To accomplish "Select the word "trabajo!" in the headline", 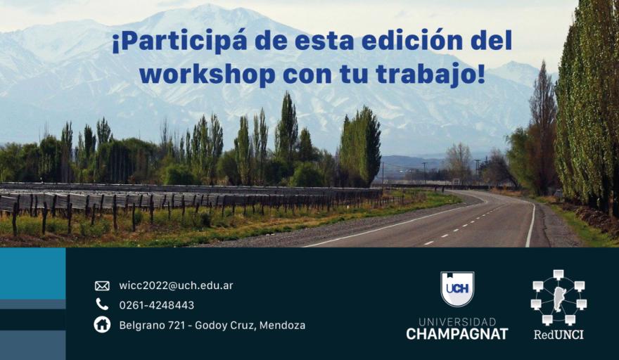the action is [x=430, y=75].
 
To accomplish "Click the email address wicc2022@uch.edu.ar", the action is [x=176, y=285].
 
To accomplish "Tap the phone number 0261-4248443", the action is [x=157, y=305].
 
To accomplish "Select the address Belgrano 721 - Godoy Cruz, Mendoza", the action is [x=212, y=326].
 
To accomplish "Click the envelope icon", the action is [x=102, y=285].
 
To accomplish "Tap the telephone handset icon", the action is [x=102, y=304].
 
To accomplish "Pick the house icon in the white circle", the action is [x=102, y=325].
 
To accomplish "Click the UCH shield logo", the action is [x=457, y=289].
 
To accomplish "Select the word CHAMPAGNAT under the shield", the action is [x=457, y=334].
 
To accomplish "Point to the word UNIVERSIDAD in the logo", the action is [x=457, y=322].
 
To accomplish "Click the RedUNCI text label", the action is [x=559, y=335].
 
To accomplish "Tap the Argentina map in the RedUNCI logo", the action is [x=559, y=299].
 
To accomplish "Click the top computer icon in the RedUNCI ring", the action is [x=559, y=275].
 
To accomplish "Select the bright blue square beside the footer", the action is [x=33, y=274].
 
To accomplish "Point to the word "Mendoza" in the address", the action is [x=282, y=326].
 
